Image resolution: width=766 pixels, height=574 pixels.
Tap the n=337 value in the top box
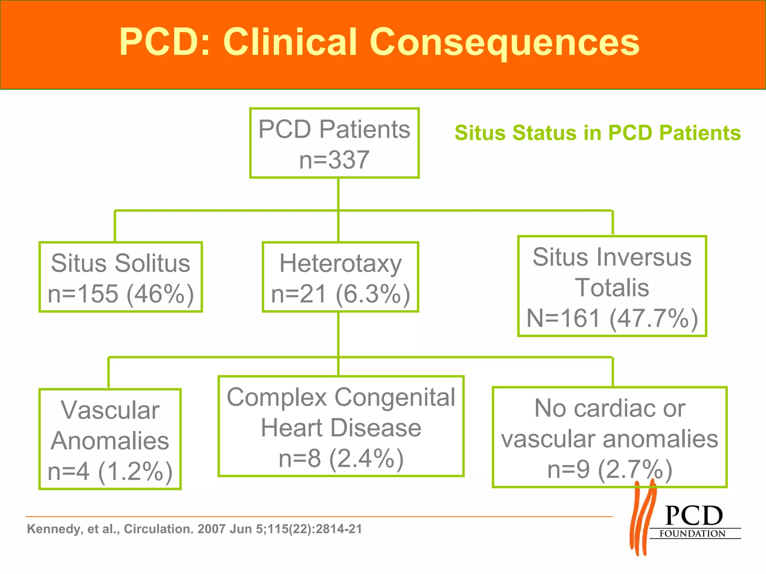334,160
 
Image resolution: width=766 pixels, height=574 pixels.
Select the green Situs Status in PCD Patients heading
597,133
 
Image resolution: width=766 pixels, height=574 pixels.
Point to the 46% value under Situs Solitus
160,294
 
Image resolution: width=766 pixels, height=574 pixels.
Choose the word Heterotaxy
340,263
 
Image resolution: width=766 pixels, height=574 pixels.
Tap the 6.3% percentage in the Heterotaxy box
373,294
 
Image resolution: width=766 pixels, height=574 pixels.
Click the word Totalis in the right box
612,288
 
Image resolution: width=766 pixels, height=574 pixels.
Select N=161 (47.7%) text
612,318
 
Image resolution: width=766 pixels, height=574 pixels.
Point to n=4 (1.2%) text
110,471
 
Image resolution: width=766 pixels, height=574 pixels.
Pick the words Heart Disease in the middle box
341,428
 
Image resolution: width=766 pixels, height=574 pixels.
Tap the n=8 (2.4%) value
341,459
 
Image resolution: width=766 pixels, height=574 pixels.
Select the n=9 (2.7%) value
610,470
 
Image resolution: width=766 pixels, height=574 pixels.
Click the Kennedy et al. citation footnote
194,529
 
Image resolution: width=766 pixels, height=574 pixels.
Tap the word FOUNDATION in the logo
692,534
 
